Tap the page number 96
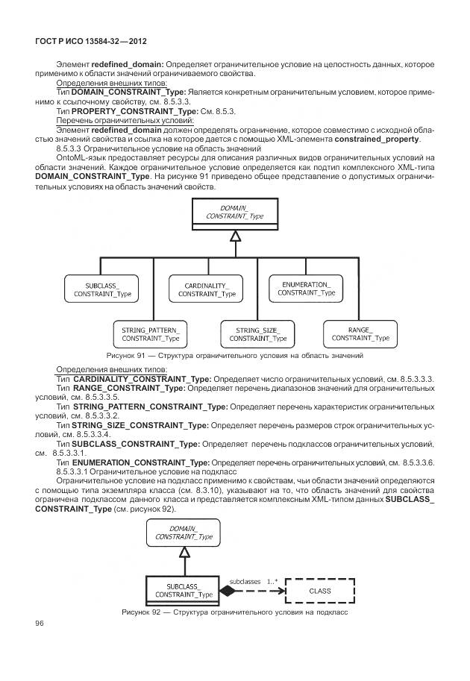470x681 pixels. (40, 624)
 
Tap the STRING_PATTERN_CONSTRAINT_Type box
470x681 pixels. (151, 333)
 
